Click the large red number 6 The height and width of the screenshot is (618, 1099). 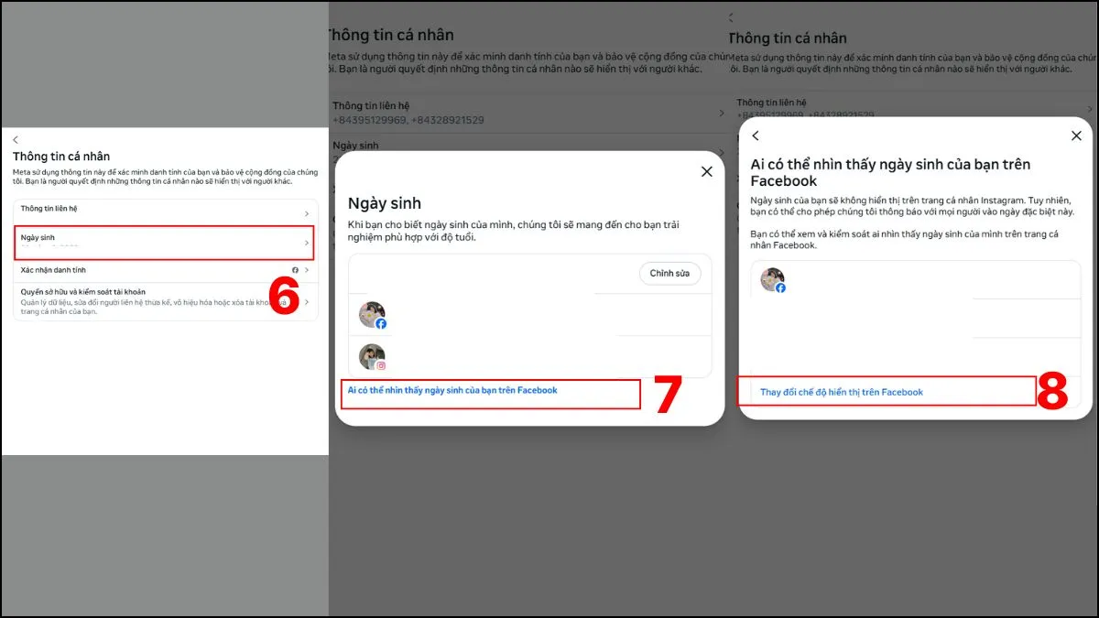pyautogui.click(x=284, y=298)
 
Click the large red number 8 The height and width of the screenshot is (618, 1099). pyautogui.click(x=1053, y=392)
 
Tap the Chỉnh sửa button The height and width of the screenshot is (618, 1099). pyautogui.click(x=669, y=274)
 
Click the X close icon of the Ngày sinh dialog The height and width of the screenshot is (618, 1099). pyautogui.click(x=706, y=171)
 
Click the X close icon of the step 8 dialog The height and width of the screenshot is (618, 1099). pyautogui.click(x=1076, y=136)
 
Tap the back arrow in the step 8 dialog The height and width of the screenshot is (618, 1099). pyautogui.click(x=756, y=136)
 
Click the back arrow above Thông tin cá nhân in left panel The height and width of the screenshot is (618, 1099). pyautogui.click(x=16, y=139)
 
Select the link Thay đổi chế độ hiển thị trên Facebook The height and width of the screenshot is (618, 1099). pyautogui.click(x=842, y=392)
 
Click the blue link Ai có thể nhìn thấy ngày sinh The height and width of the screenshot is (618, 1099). pyautogui.click(x=452, y=390)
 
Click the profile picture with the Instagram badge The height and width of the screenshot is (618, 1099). pyautogui.click(x=372, y=357)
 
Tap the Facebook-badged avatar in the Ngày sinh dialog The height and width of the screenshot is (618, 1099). pyautogui.click(x=372, y=315)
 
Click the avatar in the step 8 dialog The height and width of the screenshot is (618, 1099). pyautogui.click(x=773, y=280)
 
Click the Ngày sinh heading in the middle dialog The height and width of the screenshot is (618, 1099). pyautogui.click(x=385, y=203)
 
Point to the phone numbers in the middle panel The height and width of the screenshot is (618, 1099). pyautogui.click(x=408, y=120)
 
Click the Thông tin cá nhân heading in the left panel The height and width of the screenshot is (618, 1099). pyautogui.click(x=61, y=157)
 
